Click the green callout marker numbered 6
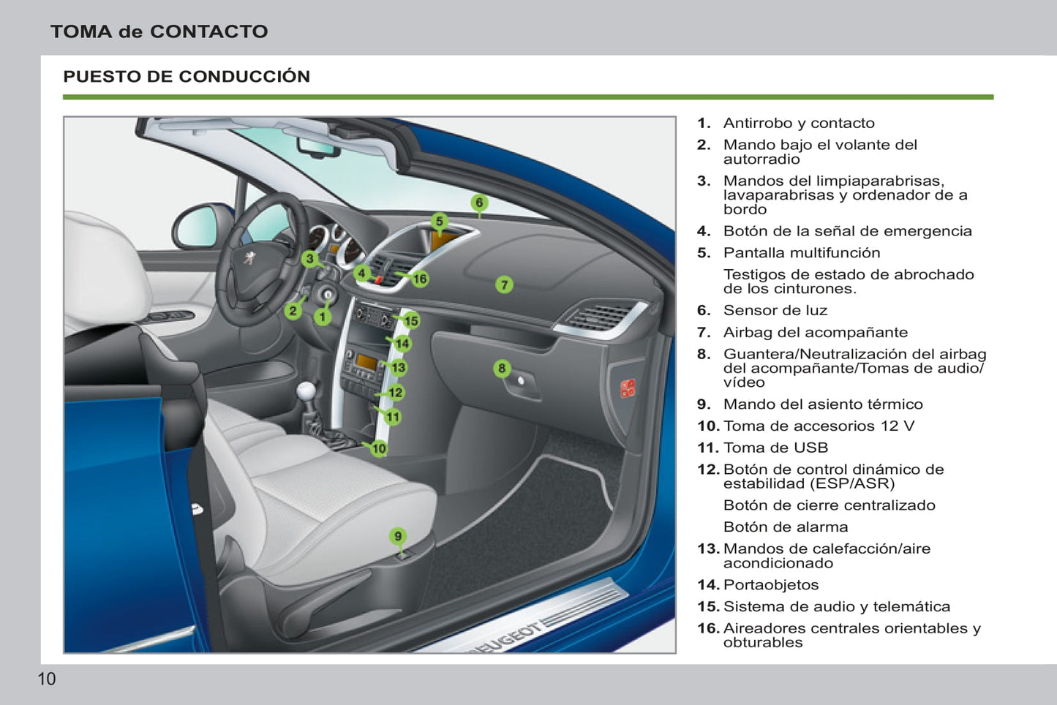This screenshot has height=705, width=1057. tap(479, 203)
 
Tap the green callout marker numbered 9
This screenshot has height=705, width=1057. tap(398, 536)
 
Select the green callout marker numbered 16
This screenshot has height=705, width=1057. tap(419, 279)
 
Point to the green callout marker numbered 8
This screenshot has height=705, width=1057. tap(502, 368)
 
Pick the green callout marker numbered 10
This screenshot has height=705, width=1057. tap(379, 448)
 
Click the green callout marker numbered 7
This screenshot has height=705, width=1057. tap(504, 284)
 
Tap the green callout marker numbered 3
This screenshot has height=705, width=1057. tap(310, 258)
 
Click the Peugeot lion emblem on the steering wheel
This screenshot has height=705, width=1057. tap(249, 259)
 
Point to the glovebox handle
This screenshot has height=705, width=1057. tap(521, 381)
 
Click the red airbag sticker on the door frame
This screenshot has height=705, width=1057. tap(628, 388)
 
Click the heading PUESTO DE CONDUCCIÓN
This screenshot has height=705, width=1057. tap(187, 76)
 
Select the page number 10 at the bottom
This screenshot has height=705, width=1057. tap(46, 679)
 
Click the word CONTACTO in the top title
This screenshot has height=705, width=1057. tap(208, 31)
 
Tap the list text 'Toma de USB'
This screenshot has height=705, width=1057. tap(775, 448)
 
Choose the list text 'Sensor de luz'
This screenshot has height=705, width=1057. tap(775, 310)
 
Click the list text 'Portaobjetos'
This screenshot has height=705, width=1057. tap(770, 584)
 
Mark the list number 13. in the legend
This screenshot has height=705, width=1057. tap(708, 548)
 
